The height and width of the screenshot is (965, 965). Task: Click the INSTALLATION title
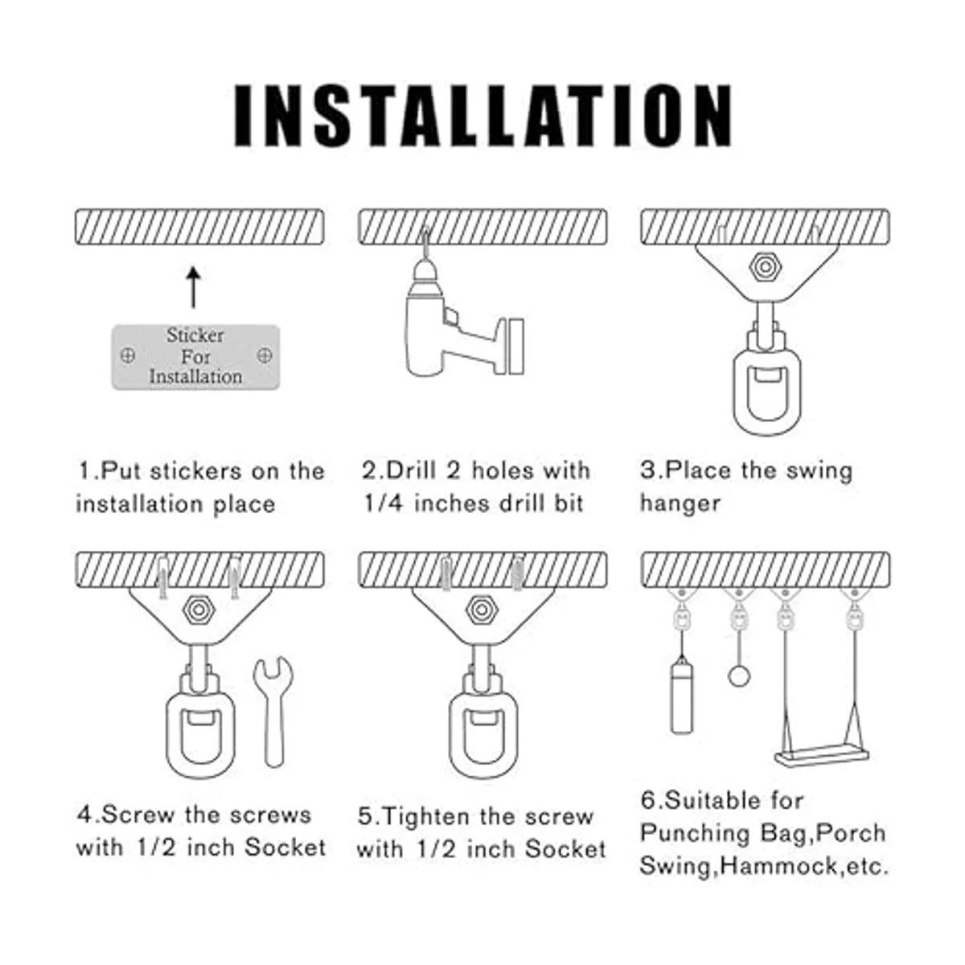482,116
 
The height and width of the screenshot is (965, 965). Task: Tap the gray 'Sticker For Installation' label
195,356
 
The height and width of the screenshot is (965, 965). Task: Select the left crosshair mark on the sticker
128,356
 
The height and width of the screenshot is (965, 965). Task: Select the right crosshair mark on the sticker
264,355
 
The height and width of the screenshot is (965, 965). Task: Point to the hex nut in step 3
765,267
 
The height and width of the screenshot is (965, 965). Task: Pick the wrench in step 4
273,712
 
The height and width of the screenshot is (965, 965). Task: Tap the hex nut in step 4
199,610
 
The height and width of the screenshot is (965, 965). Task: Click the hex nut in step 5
481,610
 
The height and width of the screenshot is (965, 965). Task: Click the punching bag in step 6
681,696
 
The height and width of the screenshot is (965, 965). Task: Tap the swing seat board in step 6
821,754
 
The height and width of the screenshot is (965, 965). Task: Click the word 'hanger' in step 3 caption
680,503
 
